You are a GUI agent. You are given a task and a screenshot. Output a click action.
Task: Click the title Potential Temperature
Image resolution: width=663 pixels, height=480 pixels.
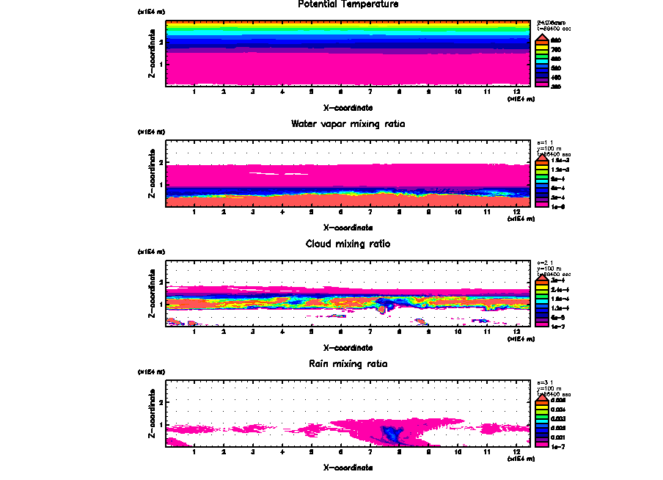coord(348,4)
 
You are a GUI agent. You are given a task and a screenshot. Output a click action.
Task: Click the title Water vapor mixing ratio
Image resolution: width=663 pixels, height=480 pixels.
coord(348,123)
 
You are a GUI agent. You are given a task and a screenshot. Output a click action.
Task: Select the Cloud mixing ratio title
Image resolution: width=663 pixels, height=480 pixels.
coord(348,244)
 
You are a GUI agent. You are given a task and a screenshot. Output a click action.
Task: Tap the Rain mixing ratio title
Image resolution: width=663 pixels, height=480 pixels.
coord(348,363)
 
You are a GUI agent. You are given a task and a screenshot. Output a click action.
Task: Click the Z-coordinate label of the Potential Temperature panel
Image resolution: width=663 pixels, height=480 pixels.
coord(150,54)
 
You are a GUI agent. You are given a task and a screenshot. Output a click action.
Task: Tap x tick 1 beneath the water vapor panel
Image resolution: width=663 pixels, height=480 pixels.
coord(194,213)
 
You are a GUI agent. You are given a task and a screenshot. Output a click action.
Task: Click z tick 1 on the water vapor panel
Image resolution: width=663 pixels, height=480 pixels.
coord(160,185)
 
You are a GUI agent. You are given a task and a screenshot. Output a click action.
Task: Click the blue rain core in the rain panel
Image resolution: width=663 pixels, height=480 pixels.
coord(395,433)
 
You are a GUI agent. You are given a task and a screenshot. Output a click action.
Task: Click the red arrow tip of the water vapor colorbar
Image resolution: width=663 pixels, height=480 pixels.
coord(541,155)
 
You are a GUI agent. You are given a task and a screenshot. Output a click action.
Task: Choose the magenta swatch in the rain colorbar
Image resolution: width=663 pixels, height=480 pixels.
coord(541,443)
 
